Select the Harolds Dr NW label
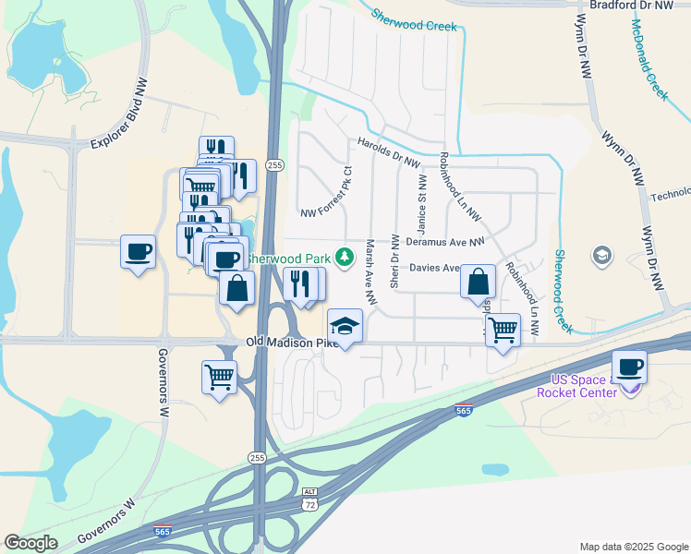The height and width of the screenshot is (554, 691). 389,151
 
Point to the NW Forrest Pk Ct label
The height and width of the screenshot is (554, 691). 328,195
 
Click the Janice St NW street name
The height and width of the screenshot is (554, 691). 423,204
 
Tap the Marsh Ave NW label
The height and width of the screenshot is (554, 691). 370,272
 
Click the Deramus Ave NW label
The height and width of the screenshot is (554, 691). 444,242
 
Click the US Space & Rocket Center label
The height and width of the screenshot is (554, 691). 583,387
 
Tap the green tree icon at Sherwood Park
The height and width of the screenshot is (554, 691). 345,256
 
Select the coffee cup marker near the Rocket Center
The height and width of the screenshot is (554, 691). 629,367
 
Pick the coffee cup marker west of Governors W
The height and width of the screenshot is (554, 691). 138,252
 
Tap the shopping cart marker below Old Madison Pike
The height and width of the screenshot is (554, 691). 220,376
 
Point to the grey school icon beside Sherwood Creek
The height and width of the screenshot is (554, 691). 602,254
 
